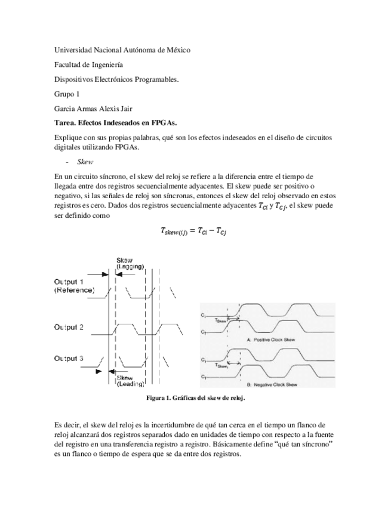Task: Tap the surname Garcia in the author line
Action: (66, 108)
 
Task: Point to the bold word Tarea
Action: (66, 122)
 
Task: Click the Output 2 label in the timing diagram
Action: (69, 327)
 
